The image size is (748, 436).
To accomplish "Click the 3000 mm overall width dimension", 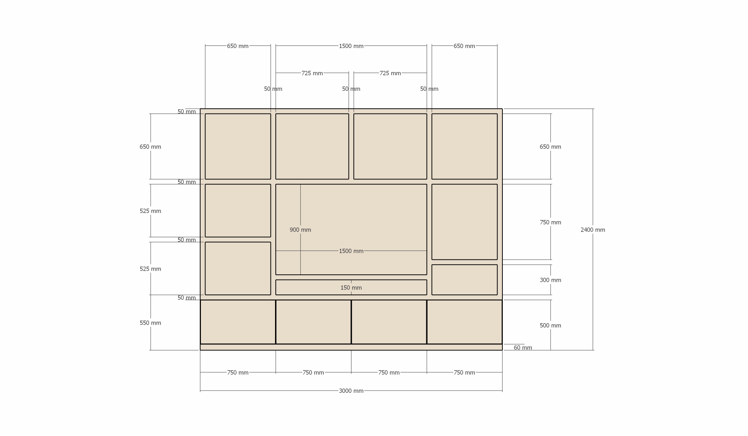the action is click(x=351, y=391).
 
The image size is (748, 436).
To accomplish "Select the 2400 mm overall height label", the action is click(x=593, y=230).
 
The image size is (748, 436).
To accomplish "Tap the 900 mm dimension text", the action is click(x=300, y=230).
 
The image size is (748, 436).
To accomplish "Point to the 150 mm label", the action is click(x=351, y=288).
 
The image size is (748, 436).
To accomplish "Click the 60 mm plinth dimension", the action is click(x=523, y=348).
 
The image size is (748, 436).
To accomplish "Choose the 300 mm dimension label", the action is click(x=550, y=280).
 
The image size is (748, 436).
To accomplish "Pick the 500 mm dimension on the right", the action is click(x=550, y=325).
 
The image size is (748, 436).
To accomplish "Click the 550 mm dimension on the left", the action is click(x=151, y=323).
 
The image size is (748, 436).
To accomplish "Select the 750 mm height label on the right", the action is click(x=550, y=222).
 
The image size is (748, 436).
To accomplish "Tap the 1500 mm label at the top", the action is click(x=351, y=46).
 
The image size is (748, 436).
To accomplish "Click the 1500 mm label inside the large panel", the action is click(x=351, y=251).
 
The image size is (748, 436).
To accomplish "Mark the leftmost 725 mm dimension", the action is click(x=312, y=73).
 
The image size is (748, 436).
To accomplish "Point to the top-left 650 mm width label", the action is click(x=238, y=46).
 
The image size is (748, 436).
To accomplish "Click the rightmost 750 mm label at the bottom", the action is click(x=464, y=373).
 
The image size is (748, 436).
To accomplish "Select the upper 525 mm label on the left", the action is click(x=151, y=211).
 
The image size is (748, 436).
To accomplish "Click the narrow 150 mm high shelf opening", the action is click(x=351, y=287).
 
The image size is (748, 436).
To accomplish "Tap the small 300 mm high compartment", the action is click(x=464, y=280).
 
